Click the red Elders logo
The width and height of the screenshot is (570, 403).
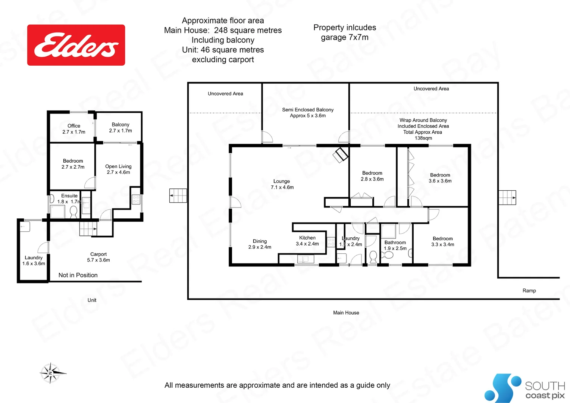(x=76, y=45)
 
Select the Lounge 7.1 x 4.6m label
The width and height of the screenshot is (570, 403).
(x=282, y=184)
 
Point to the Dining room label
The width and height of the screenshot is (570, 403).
(x=260, y=244)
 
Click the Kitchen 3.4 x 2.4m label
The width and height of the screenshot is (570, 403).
(x=307, y=241)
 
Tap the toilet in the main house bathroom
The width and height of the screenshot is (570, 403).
(x=373, y=256)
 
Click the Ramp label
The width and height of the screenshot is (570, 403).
(x=529, y=291)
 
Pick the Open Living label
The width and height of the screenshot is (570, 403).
(x=118, y=169)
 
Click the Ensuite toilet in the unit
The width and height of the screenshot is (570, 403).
(x=73, y=212)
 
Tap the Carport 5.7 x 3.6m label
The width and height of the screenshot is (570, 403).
(x=98, y=257)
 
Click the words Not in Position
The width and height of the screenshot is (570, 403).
(x=78, y=275)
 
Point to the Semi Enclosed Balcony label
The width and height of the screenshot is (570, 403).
(x=308, y=112)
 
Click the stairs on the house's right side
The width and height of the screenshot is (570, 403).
(x=507, y=197)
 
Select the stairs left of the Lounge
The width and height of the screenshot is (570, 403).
(x=178, y=196)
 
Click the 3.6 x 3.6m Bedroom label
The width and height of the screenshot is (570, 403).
(x=440, y=178)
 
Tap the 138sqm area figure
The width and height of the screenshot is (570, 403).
(x=423, y=138)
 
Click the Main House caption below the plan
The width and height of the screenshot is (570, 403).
(x=346, y=313)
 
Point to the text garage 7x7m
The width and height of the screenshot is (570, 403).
(x=345, y=37)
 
